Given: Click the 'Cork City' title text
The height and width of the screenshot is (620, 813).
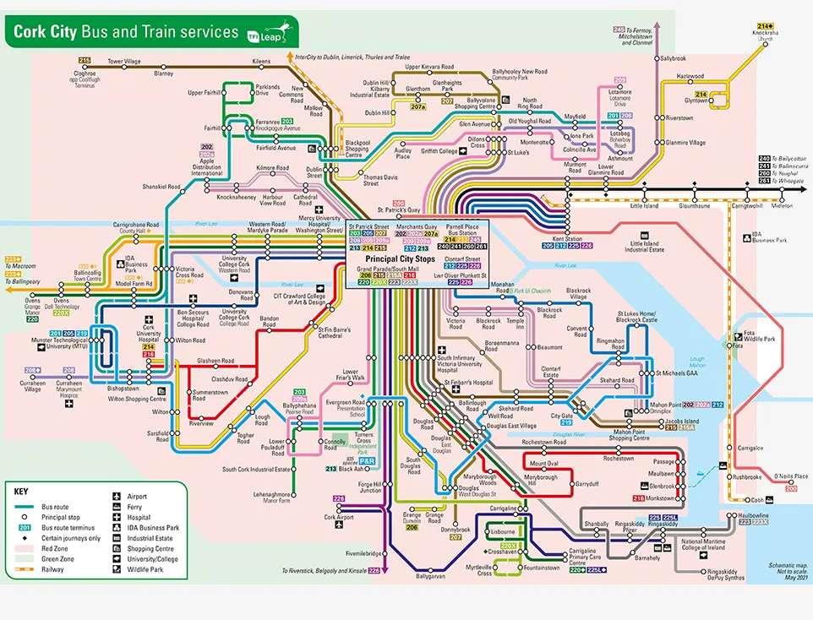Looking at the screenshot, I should click(44, 32).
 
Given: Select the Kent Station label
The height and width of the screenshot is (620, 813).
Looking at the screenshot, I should click(567, 239).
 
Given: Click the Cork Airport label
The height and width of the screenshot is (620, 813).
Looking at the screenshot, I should click(337, 517).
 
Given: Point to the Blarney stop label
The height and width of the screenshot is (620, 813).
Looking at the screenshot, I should click(163, 73).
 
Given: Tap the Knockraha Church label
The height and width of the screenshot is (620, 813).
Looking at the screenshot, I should click(765, 35).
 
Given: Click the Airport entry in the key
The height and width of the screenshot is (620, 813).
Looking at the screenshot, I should click(137, 497).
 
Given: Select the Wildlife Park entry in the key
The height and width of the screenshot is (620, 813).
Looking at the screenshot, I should click(144, 568).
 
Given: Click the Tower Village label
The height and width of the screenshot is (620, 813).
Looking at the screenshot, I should click(124, 62).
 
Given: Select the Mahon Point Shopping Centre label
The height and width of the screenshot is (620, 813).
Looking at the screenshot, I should click(630, 435).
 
